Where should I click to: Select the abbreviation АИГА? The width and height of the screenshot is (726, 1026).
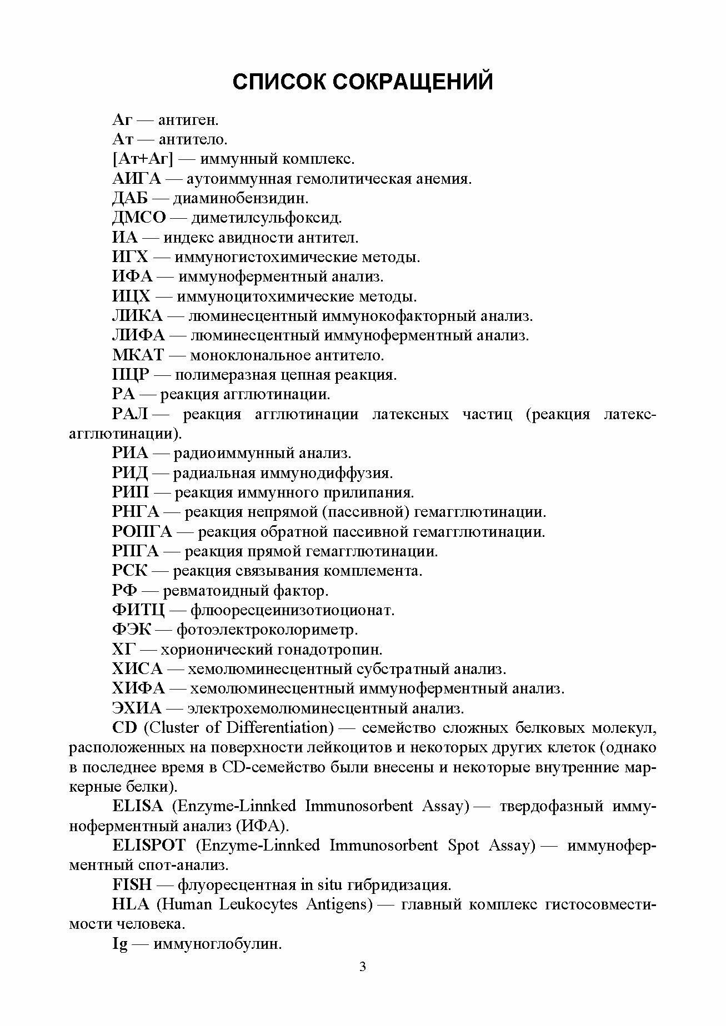[x=136, y=179]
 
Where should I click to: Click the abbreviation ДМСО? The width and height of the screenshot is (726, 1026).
[x=139, y=218]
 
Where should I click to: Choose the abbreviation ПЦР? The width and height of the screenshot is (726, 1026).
[x=131, y=375]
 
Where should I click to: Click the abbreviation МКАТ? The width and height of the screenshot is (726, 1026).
[x=138, y=355]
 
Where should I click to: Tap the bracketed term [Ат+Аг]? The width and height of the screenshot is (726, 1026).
[x=143, y=159]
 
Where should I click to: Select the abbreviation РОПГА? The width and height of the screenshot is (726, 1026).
[x=142, y=532]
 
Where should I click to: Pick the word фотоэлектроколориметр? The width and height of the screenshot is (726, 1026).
[x=267, y=630]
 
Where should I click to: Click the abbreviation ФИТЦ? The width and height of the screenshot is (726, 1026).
[x=138, y=610]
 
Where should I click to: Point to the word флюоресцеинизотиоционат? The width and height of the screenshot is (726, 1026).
[x=292, y=610]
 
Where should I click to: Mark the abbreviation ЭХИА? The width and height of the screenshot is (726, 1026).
[x=137, y=708]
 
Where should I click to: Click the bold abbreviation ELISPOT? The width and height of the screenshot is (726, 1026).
[x=148, y=846]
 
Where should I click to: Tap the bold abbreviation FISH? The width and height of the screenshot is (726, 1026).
[x=131, y=884]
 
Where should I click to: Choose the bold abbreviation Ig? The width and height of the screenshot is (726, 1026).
[x=120, y=944]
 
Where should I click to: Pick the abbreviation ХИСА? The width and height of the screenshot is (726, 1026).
[x=137, y=669]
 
